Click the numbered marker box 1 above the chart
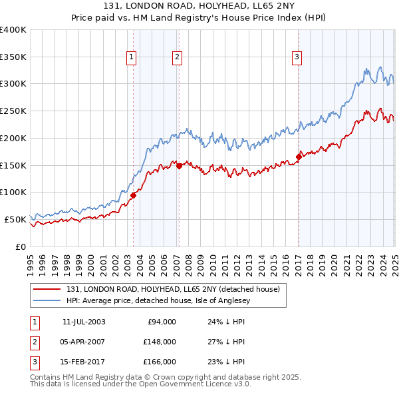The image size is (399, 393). (132, 58)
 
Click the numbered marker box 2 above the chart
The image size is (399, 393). (178, 58)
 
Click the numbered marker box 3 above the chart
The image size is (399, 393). (296, 58)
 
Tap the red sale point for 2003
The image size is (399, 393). (134, 195)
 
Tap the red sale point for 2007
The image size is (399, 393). (179, 166)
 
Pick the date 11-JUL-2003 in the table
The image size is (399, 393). (84, 322)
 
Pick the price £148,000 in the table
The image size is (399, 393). (160, 342)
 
